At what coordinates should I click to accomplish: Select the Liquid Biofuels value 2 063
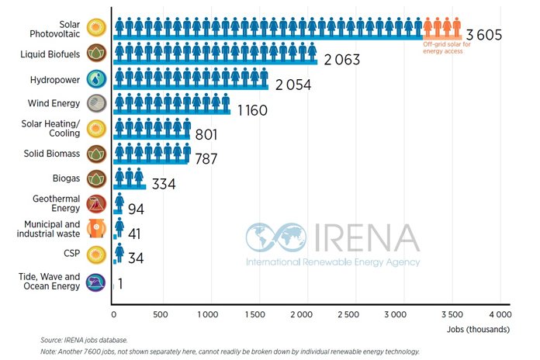tap(341, 60)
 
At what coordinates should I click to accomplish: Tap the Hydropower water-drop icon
tap(97, 79)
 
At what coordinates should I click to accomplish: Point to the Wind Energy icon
tap(97, 104)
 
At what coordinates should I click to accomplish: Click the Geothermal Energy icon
tap(97, 204)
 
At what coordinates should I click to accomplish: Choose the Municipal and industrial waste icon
tap(97, 228)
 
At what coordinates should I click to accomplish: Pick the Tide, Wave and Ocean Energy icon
tap(97, 281)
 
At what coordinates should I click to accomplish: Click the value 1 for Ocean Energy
tap(120, 284)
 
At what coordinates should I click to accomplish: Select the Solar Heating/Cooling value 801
tap(206, 135)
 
